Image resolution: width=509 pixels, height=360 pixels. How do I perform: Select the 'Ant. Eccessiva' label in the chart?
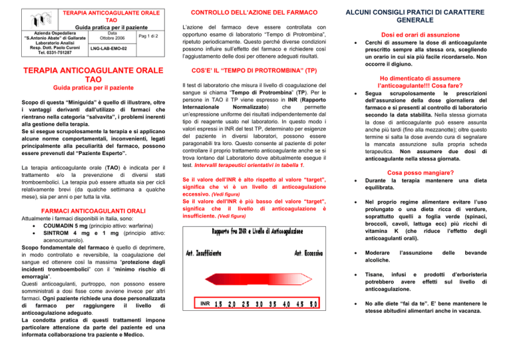(x=301, y=254)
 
